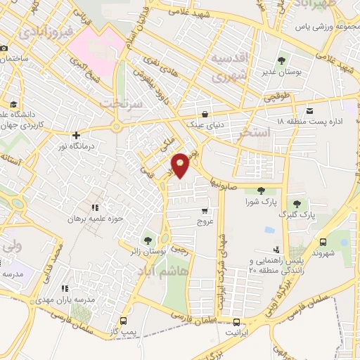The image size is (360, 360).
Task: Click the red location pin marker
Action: point(181,165)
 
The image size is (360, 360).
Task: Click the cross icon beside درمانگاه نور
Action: point(76,135)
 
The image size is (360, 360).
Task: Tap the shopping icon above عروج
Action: point(205,210)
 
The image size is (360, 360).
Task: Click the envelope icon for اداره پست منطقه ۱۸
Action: point(310,110)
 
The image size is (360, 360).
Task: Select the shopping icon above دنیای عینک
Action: point(205,113)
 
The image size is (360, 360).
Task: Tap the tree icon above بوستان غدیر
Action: point(281,60)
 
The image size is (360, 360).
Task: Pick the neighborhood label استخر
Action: point(255,132)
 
